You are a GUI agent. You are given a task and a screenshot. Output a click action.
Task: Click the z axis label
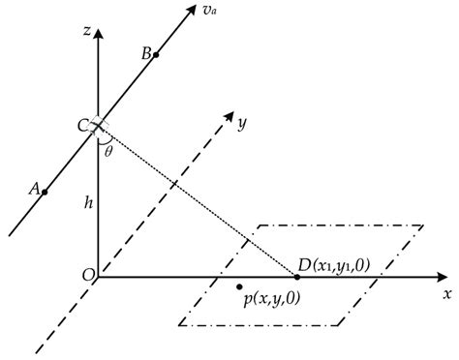87,32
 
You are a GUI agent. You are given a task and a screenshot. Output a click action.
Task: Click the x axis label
447,293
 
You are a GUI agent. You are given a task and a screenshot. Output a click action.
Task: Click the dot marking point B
156,55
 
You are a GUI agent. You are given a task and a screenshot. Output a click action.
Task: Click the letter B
145,54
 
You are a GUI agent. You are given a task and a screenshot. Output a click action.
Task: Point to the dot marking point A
46,192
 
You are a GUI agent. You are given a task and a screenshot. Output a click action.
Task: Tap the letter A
35,190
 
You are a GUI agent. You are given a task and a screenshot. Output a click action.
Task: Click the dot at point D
297,277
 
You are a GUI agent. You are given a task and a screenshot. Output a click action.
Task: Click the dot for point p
240,286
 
